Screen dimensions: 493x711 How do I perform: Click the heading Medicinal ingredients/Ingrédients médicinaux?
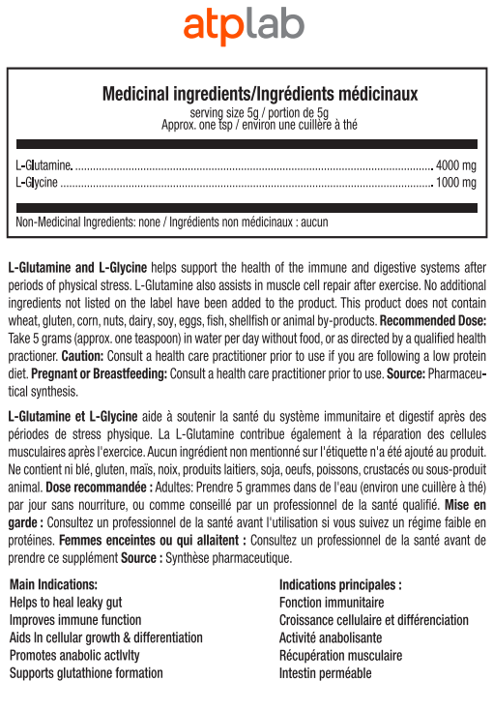(260, 94)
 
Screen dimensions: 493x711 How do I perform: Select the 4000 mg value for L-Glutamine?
(456, 164)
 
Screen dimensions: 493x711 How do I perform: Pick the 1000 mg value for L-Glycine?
(456, 182)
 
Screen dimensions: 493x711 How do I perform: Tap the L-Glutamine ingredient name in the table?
(44, 164)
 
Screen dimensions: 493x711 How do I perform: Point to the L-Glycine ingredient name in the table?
(38, 182)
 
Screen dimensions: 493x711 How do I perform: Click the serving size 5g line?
(259, 112)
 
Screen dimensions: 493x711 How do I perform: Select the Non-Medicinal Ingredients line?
(173, 222)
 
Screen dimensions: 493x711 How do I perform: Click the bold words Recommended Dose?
(433, 320)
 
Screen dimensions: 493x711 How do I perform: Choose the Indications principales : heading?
(340, 585)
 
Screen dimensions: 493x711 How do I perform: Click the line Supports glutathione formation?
(86, 672)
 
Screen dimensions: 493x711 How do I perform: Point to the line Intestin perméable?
(325, 672)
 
